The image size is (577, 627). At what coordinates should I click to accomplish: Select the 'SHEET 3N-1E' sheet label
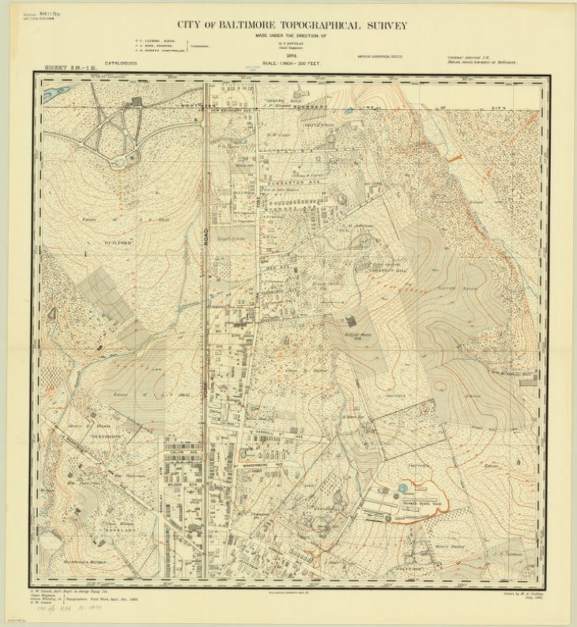[72, 70]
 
